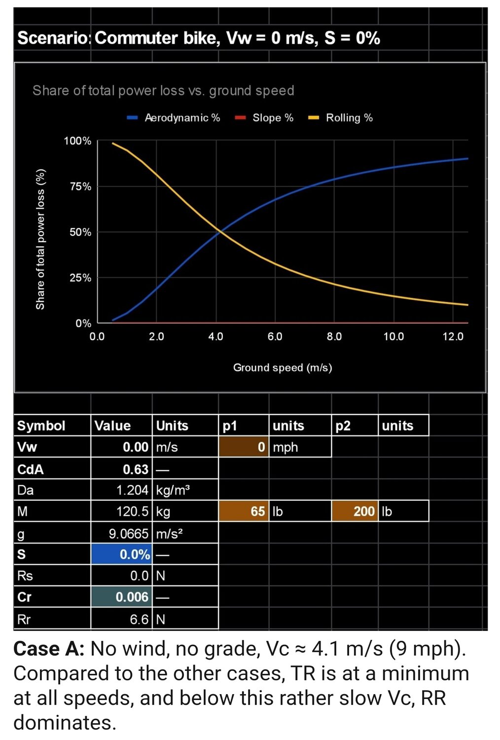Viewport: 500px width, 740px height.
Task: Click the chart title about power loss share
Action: pyautogui.click(x=163, y=91)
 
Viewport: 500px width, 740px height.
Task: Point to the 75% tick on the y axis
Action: pyautogui.click(x=80, y=186)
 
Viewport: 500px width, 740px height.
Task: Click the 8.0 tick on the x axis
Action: pyautogui.click(x=334, y=337)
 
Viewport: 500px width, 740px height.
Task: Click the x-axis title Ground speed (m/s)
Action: pyautogui.click(x=283, y=368)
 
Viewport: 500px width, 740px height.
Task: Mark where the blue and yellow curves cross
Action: pyautogui.click(x=220, y=231)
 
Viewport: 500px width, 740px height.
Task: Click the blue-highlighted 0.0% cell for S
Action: pyautogui.click(x=122, y=555)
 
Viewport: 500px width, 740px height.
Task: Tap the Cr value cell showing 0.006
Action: pyautogui.click(x=122, y=597)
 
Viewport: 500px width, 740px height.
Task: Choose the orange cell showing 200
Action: pyautogui.click(x=355, y=512)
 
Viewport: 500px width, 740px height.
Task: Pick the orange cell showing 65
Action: pyautogui.click(x=244, y=512)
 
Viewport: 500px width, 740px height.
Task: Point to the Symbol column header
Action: pyautogui.click(x=41, y=426)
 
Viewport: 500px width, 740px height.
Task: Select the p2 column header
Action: pyautogui.click(x=343, y=426)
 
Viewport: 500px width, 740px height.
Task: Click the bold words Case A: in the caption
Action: pyautogui.click(x=49, y=649)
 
